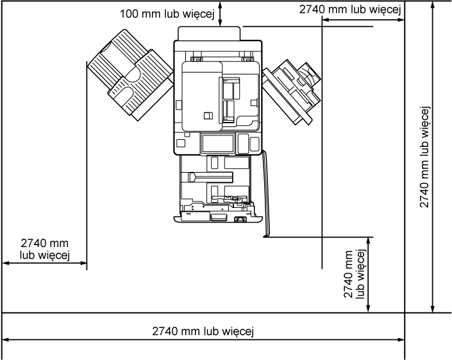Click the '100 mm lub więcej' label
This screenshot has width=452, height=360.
167,14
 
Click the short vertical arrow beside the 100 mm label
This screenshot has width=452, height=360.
221,13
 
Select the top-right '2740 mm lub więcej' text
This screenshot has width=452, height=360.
350,10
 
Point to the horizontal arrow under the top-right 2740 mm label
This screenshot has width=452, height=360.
364,20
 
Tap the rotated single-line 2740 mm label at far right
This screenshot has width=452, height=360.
424,157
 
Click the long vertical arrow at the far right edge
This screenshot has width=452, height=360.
432,157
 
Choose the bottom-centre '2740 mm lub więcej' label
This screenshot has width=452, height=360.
203,331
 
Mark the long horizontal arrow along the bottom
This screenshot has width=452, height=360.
203,340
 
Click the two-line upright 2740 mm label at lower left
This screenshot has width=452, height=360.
45,249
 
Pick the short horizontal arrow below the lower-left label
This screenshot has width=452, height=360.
45,263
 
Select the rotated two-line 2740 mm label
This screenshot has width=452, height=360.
355,274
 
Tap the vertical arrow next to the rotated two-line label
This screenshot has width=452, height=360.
368,275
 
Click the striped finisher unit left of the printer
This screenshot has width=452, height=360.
131,75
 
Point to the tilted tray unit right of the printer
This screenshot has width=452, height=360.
292,92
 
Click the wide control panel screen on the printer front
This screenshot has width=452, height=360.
217,143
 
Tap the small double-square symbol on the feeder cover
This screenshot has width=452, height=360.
208,116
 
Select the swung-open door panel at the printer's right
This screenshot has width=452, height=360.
266,193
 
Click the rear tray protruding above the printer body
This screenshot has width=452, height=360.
209,33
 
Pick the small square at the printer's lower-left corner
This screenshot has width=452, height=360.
180,143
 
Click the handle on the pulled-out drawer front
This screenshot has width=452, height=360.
218,217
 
